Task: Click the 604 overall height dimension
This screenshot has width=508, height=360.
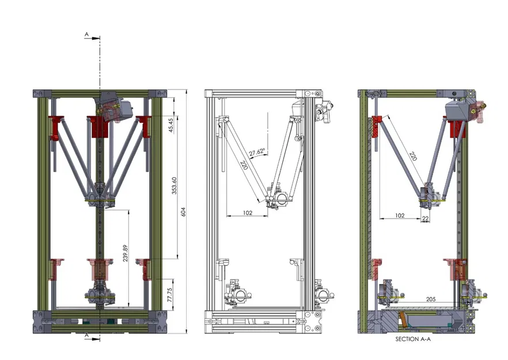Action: click(184, 211)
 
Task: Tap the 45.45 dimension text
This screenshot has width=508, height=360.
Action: click(171, 124)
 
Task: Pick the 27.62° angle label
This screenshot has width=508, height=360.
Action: click(257, 152)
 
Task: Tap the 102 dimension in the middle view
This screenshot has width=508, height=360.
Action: click(248, 213)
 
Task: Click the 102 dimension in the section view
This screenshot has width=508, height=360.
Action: click(400, 215)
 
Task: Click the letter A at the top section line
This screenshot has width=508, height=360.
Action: click(87, 35)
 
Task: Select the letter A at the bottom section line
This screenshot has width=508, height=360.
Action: click(87, 334)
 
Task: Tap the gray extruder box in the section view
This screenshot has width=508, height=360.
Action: click(458, 112)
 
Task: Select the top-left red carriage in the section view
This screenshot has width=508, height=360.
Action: click(377, 122)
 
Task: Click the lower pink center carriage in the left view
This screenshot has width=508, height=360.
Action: click(98, 270)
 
